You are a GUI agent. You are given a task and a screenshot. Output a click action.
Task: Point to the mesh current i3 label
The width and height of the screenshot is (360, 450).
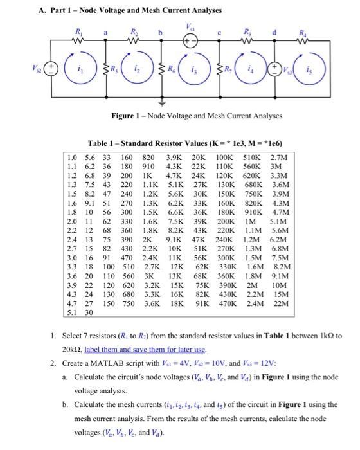193,66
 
